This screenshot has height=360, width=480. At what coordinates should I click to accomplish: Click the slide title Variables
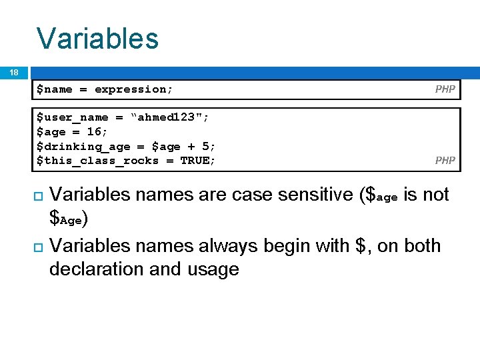pyautogui.click(x=97, y=38)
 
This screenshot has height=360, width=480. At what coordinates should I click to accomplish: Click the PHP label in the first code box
pyautogui.click(x=445, y=89)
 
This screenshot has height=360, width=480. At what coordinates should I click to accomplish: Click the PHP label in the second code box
pyautogui.click(x=445, y=160)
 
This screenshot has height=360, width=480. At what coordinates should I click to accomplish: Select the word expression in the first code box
pyautogui.click(x=131, y=89)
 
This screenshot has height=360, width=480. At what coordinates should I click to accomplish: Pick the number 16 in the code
pyautogui.click(x=94, y=132)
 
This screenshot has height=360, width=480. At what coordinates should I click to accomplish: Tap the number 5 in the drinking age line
pyautogui.click(x=206, y=146)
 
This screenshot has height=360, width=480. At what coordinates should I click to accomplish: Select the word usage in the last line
pyautogui.click(x=213, y=269)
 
